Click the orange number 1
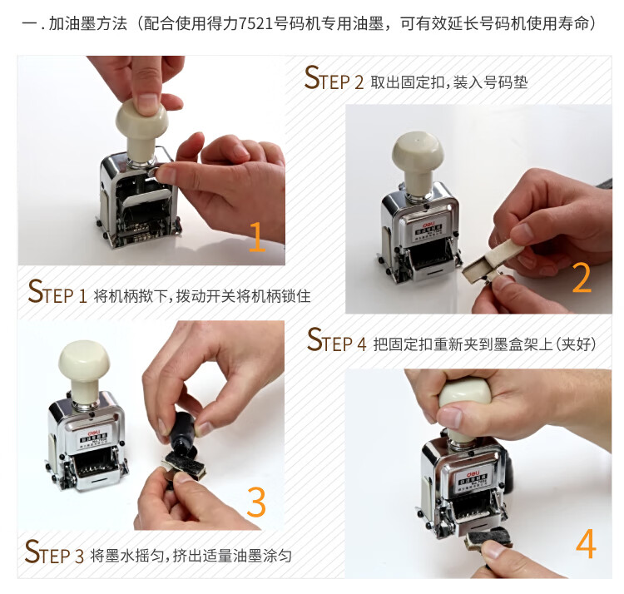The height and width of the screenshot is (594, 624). (x=257, y=237)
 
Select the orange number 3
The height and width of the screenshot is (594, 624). (x=256, y=502)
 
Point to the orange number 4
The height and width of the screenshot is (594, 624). (x=586, y=543)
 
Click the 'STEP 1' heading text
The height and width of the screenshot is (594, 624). (x=57, y=292)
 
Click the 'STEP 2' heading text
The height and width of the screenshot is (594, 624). (x=334, y=78)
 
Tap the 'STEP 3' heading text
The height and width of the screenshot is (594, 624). (x=54, y=552)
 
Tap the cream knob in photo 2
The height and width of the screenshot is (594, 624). (x=418, y=159)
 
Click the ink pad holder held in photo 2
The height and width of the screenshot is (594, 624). (x=493, y=259)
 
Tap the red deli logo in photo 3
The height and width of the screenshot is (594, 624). (x=94, y=432)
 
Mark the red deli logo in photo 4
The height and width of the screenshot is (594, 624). (x=473, y=469)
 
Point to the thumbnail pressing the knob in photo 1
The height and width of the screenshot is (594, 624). (x=147, y=101)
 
